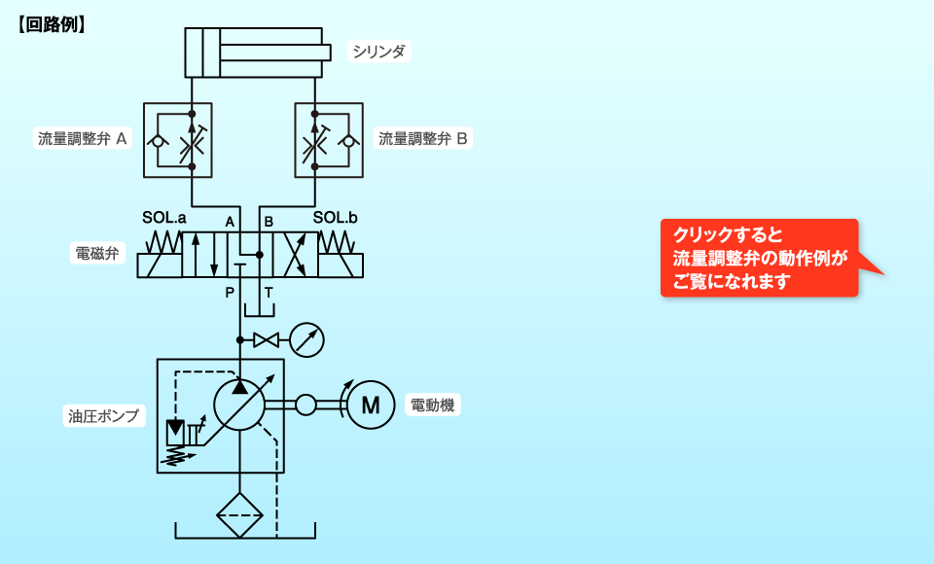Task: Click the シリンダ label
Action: click(378, 52)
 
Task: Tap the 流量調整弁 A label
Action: click(82, 139)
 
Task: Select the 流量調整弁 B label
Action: click(423, 139)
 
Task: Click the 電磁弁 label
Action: click(97, 253)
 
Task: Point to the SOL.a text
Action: click(163, 218)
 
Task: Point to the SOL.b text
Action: click(335, 218)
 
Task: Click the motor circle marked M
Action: click(371, 405)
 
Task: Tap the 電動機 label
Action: click(432, 405)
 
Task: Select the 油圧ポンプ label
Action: click(104, 415)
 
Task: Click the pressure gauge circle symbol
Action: click(306, 340)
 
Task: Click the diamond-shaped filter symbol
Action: click(239, 515)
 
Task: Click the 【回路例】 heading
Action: click(52, 24)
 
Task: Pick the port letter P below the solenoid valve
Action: click(230, 293)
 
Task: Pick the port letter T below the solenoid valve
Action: click(269, 293)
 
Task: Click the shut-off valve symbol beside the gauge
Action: click(266, 340)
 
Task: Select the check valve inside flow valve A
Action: click(158, 141)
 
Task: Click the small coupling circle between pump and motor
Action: click(305, 405)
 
